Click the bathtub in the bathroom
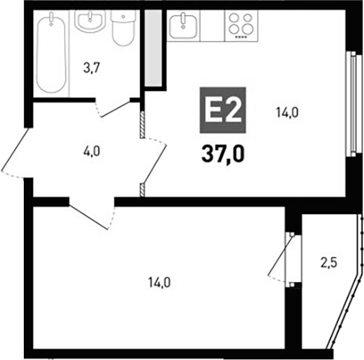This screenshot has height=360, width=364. click(x=51, y=54)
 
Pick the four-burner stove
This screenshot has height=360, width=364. click(x=239, y=25)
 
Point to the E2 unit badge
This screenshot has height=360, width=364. click(x=223, y=113)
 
